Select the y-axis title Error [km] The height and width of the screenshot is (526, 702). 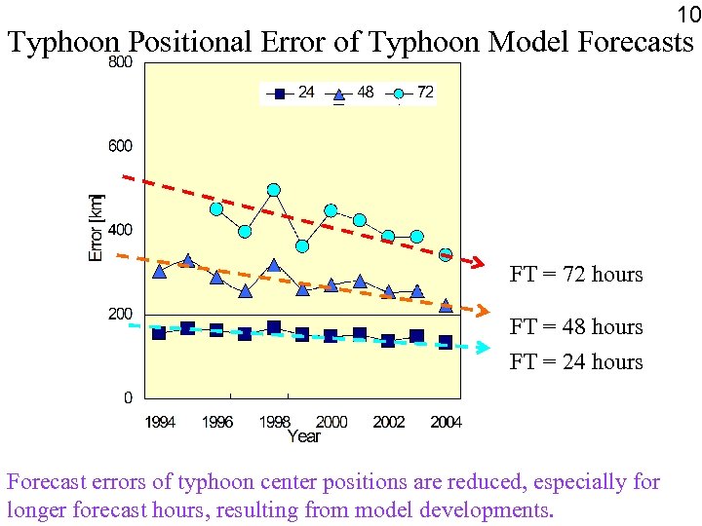click(96, 227)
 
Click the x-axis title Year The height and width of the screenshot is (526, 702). click(303, 436)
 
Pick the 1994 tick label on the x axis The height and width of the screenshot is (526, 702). click(160, 422)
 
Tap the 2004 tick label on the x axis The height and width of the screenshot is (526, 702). click(446, 422)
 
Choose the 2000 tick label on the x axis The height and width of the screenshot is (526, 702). click(331, 422)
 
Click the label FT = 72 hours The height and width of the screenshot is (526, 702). click(576, 275)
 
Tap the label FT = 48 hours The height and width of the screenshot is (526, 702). click(576, 327)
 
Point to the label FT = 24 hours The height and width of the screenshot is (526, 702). click(576, 362)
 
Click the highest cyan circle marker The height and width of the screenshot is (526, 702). click(274, 190)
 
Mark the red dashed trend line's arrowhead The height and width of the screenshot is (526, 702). click(478, 262)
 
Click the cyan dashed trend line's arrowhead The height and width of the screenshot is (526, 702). click(480, 348)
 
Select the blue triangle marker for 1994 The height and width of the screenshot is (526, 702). click(160, 271)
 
